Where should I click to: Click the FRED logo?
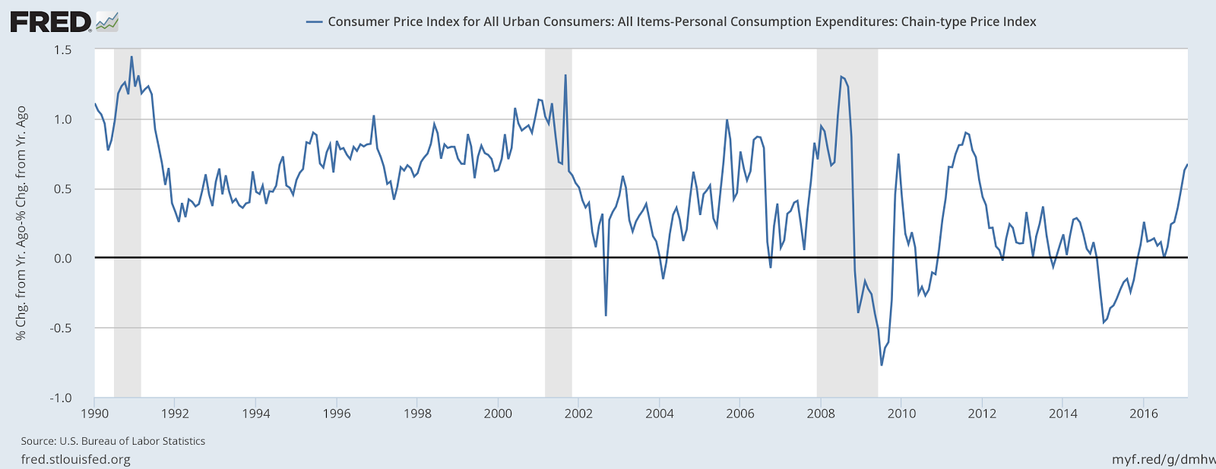click(x=64, y=21)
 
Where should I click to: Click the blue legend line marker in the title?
click(x=314, y=22)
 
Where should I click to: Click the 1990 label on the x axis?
click(x=94, y=414)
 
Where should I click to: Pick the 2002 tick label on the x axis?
click(x=578, y=414)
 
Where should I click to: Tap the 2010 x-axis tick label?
click(x=901, y=414)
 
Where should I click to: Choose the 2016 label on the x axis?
click(x=1143, y=414)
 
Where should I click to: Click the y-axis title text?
click(x=21, y=223)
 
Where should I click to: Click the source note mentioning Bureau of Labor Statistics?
click(x=113, y=441)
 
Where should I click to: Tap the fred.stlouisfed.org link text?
click(x=75, y=459)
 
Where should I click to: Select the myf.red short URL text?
click(x=1163, y=459)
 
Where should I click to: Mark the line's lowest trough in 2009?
click(x=882, y=366)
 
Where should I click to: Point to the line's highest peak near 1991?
click(x=131, y=57)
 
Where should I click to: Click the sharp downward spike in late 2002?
click(x=606, y=315)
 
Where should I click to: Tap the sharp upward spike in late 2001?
click(x=565, y=75)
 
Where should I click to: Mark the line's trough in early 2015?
click(x=1104, y=323)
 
